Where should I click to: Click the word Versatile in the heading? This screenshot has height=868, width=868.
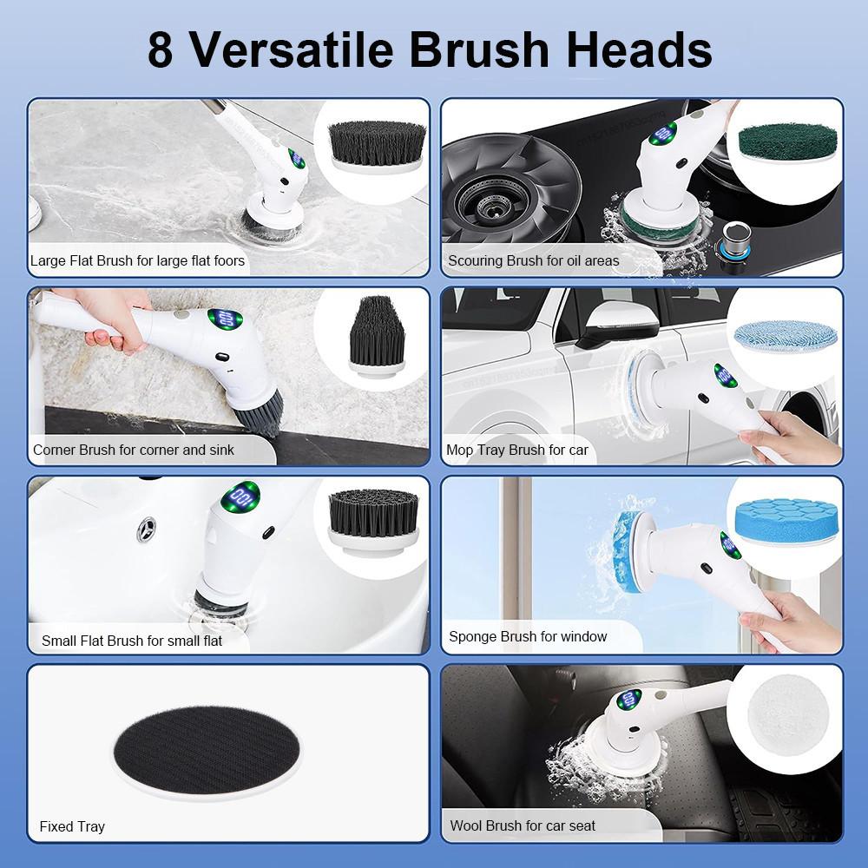point(292,49)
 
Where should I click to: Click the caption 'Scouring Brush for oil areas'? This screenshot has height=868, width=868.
point(533,260)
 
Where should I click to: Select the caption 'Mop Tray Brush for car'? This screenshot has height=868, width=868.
point(516,450)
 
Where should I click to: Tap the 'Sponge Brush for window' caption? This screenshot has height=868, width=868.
point(527,636)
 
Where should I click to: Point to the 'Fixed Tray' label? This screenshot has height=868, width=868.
point(72,825)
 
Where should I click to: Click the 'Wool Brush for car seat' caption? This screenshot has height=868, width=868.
point(523,825)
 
